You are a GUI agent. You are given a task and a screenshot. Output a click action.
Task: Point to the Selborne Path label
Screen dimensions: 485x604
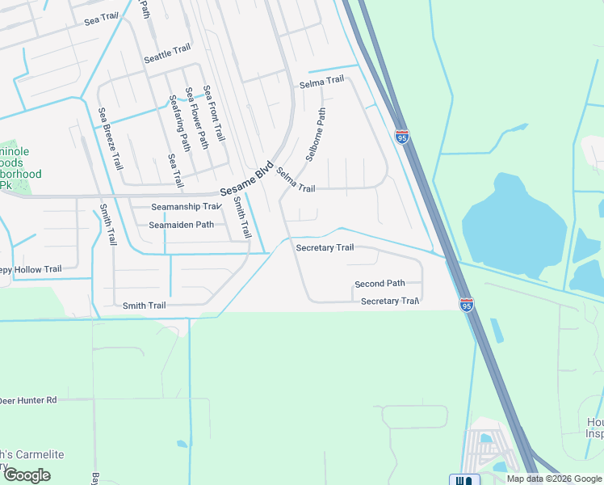click(x=316, y=135)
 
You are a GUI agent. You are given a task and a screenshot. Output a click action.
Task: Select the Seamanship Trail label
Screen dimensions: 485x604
click(x=174, y=206)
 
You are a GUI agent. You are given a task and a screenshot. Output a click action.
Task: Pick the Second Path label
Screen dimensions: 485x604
click(x=380, y=284)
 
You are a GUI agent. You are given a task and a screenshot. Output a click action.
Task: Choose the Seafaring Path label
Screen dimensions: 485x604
click(x=179, y=122)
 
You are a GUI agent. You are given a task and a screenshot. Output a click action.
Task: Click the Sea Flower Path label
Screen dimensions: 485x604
click(x=198, y=118)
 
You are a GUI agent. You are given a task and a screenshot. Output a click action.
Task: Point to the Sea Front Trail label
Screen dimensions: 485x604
click(x=214, y=114)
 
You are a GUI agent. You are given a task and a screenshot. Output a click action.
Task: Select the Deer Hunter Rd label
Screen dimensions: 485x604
click(x=28, y=400)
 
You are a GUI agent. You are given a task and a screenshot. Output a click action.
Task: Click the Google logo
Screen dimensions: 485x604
click(x=27, y=475)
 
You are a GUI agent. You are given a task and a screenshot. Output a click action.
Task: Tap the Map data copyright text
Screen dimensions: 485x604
click(x=554, y=479)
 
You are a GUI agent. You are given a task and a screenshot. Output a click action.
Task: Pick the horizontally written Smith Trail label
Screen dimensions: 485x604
click(x=144, y=306)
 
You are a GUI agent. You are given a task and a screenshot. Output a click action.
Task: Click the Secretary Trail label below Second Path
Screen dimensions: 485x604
click(x=390, y=301)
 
